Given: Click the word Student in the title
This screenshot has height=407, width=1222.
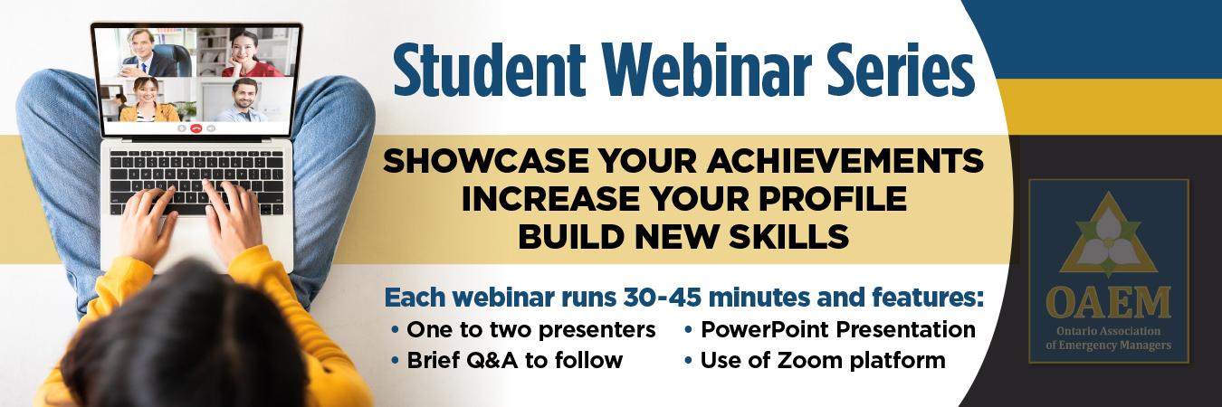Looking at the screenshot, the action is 489,71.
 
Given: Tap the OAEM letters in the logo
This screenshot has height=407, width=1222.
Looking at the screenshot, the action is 1108,304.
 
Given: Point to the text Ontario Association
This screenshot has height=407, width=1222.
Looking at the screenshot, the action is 1108,331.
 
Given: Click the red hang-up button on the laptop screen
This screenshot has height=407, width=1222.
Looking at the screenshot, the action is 196,128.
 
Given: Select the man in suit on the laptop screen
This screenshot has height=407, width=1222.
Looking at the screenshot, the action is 148,52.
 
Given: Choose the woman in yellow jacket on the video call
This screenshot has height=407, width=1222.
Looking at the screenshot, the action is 148,99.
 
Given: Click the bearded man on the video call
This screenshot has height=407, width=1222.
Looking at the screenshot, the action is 243,99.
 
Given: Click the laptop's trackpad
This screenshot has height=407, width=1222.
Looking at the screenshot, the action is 196,240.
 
